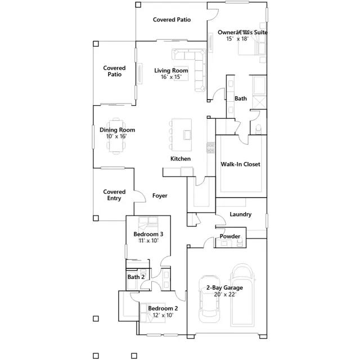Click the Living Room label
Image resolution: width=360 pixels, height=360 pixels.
pyautogui.click(x=171, y=70)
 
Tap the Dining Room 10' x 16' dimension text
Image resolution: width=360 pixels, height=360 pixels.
pyautogui.click(x=116, y=136)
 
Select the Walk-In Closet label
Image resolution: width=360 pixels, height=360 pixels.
pyautogui.click(x=240, y=164)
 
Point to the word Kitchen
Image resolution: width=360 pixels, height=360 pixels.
pyautogui.click(x=181, y=159)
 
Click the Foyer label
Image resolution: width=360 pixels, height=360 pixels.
pyautogui.click(x=160, y=196)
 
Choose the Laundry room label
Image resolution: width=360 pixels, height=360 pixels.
pyautogui.click(x=240, y=214)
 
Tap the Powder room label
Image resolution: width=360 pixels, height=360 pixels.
pyautogui.click(x=230, y=236)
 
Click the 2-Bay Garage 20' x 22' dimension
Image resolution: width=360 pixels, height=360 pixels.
pyautogui.click(x=225, y=294)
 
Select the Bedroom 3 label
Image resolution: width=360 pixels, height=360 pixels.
pyautogui.click(x=148, y=234)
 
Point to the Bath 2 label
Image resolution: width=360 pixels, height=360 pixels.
pyautogui.click(x=136, y=277)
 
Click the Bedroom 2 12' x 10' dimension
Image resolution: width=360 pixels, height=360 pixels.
pyautogui.click(x=163, y=315)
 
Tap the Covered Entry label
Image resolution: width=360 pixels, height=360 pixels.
pyautogui.click(x=114, y=195)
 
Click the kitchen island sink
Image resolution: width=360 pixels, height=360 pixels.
pyautogui.click(x=187, y=135)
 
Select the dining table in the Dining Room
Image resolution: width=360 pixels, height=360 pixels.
pyautogui.click(x=116, y=136)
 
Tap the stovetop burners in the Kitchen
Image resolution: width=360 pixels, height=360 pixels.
pyautogui.click(x=210, y=148)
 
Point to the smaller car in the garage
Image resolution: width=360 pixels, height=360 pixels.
pyautogui.click(x=209, y=299)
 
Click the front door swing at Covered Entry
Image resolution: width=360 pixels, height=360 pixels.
pyautogui.click(x=139, y=196)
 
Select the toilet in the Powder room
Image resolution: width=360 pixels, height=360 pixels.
pyautogui.click(x=240, y=242)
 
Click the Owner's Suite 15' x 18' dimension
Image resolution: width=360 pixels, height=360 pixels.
pyautogui.click(x=237, y=39)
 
